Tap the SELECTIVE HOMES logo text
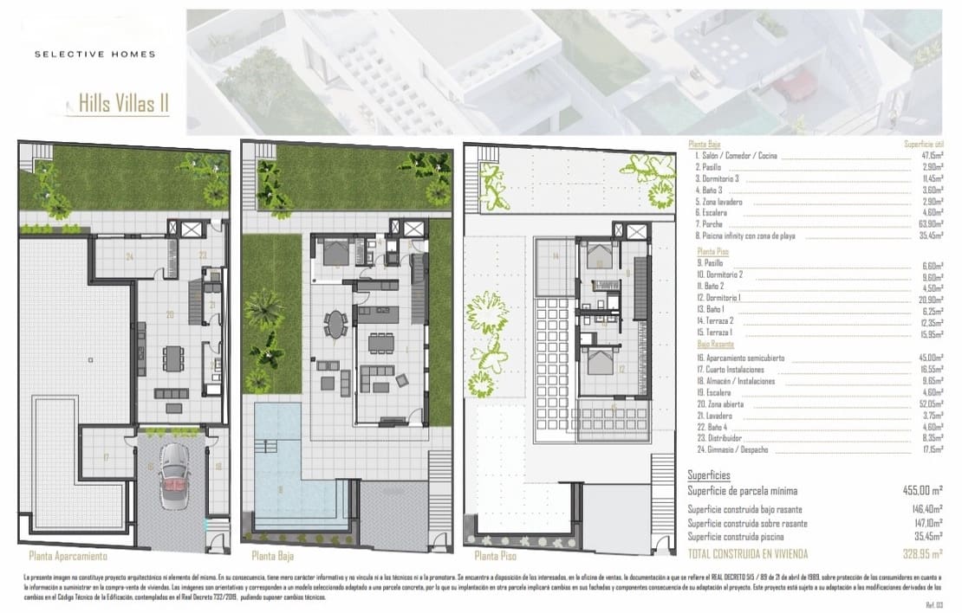point(94,54)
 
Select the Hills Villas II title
point(123,105)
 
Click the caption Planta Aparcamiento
point(68,556)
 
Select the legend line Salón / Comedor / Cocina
point(736,156)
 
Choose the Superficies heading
point(709,474)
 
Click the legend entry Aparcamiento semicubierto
point(740,357)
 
